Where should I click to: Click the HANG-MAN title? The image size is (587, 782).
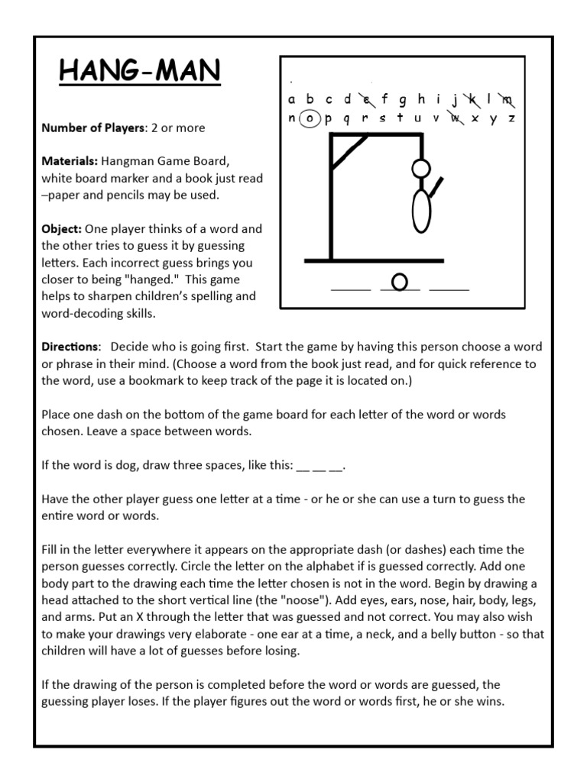click(x=140, y=73)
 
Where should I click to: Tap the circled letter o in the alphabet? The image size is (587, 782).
click(x=310, y=118)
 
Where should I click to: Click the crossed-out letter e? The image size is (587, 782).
click(x=366, y=99)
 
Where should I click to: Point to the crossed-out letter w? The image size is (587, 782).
click(x=456, y=118)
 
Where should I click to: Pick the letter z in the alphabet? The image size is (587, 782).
click(x=512, y=118)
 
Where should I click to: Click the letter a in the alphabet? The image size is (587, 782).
click(x=291, y=99)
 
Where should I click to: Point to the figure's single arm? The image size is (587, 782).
click(x=435, y=186)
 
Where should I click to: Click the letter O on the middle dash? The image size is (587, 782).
click(x=399, y=282)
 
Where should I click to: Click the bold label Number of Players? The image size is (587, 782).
click(x=92, y=128)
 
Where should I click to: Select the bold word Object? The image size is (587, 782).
click(x=62, y=228)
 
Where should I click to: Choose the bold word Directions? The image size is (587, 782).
click(x=70, y=346)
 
